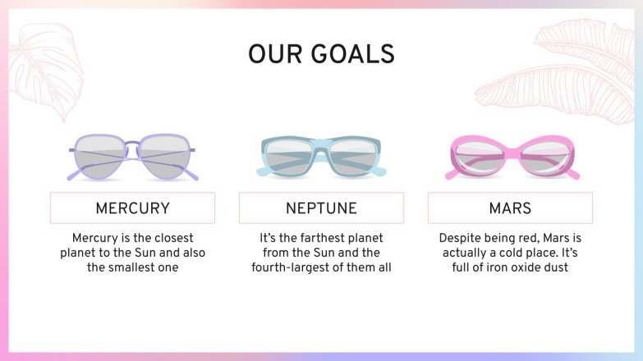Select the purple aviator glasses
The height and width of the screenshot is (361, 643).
(132, 157)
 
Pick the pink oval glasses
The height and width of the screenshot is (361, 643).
(511, 157)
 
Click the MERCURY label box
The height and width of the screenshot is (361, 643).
(132, 208)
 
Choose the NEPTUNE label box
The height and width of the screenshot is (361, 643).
(321, 208)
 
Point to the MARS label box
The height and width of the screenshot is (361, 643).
(510, 208)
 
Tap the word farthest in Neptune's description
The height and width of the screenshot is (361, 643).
(307, 237)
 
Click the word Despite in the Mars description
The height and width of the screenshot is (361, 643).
(462, 237)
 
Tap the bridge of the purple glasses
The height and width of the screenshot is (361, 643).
(132, 146)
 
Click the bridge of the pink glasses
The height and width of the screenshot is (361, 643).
(511, 151)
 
